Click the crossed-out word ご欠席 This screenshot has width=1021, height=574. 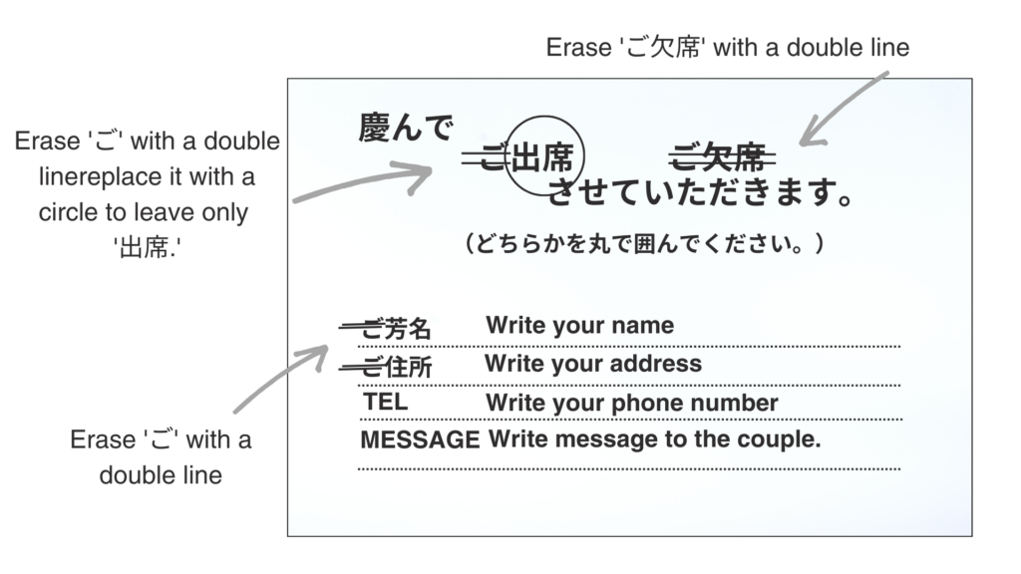click(x=722, y=156)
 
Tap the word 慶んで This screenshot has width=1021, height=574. click(x=406, y=128)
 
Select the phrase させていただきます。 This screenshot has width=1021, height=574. click(x=701, y=192)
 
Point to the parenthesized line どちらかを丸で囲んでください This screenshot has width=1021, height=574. click(x=645, y=244)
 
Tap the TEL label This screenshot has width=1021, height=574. click(x=386, y=402)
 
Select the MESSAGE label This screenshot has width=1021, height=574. click(x=420, y=439)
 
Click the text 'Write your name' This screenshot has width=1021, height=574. click(x=579, y=326)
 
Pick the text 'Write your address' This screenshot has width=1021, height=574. click(x=593, y=364)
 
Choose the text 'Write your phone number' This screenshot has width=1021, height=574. click(x=631, y=403)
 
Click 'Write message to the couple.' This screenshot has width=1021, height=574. click(x=654, y=439)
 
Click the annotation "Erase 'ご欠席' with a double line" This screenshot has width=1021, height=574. click(x=727, y=48)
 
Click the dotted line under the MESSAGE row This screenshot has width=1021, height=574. click(x=629, y=468)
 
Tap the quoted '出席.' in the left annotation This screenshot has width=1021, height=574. click(x=148, y=248)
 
